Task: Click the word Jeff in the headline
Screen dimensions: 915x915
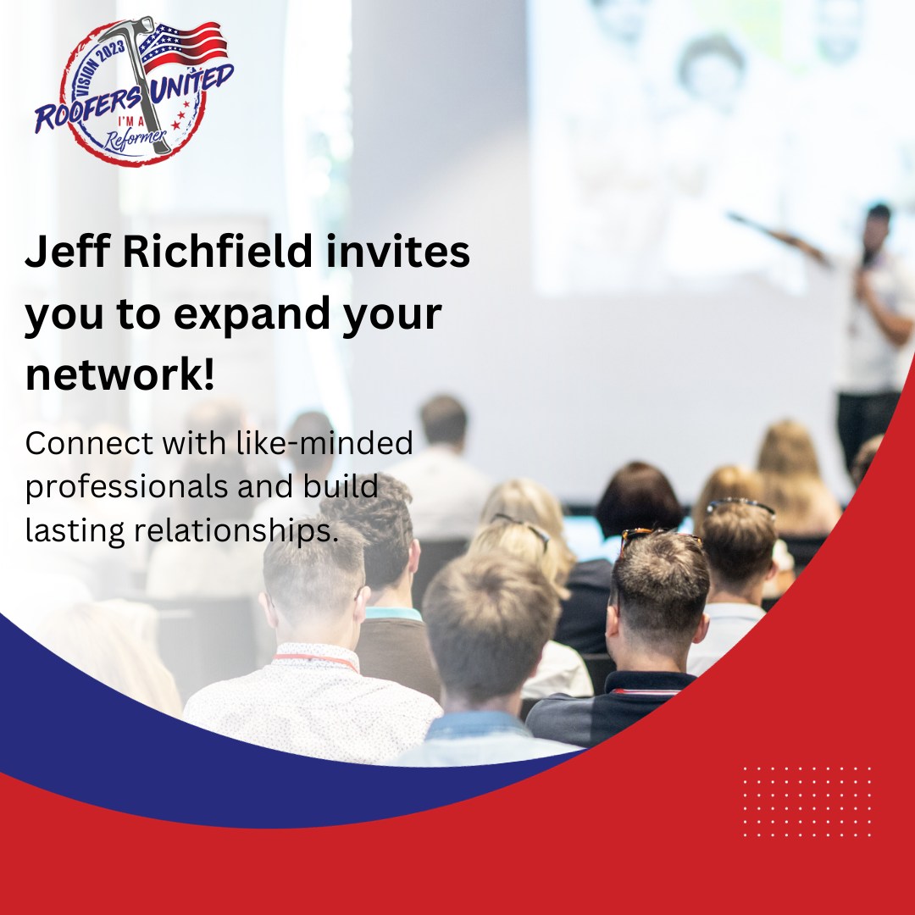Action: click(x=67, y=251)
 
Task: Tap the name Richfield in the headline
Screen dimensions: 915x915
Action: click(x=217, y=251)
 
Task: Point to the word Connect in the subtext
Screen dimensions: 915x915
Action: click(x=90, y=442)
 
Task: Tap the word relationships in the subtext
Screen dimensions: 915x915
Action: click(x=236, y=531)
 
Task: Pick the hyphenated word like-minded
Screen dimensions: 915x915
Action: click(x=324, y=442)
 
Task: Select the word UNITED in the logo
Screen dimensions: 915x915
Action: click(x=191, y=83)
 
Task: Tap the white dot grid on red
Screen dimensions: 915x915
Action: click(x=807, y=801)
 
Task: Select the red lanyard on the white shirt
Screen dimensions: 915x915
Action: click(x=316, y=660)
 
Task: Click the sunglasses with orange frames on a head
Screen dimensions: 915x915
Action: click(x=658, y=535)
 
